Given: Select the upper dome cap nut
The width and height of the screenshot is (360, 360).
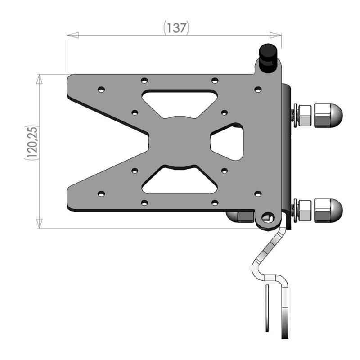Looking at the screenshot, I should [x=328, y=115].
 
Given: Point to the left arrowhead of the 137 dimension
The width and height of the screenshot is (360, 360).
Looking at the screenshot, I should [x=72, y=35].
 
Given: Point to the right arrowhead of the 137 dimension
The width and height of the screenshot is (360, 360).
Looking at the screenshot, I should [x=275, y=35].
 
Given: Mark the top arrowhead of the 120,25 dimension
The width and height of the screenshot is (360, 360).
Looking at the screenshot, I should [x=40, y=80].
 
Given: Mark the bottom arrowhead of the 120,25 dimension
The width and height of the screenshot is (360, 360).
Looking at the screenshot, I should [x=40, y=223].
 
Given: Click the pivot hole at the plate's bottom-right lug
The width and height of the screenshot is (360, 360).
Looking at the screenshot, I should [x=269, y=218].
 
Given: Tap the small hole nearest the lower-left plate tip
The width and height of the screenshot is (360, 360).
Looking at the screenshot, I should [x=101, y=193].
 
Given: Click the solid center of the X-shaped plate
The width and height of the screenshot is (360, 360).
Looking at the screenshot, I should [x=180, y=142].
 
